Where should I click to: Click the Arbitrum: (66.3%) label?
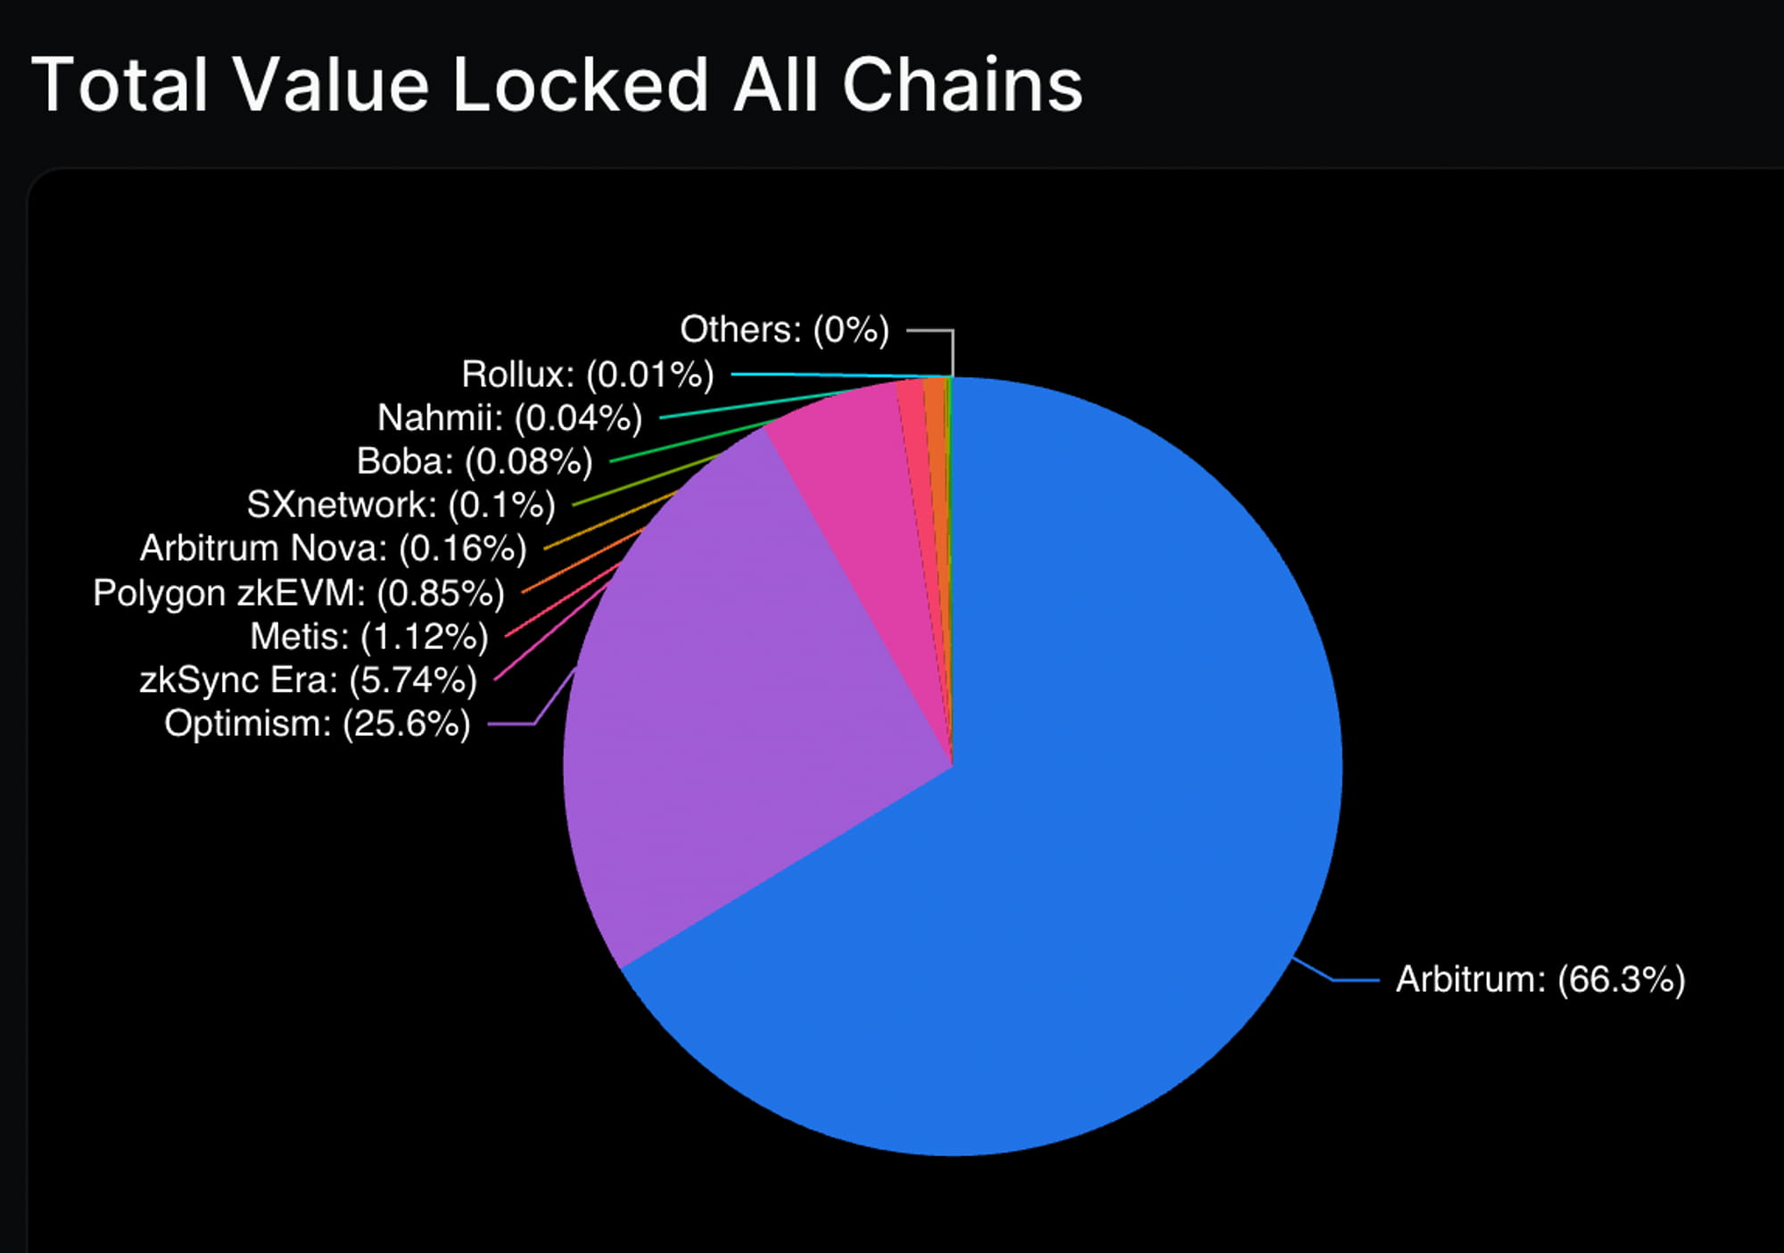[x=1540, y=979]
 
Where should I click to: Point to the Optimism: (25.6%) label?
[x=318, y=723]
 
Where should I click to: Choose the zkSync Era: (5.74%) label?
[x=309, y=680]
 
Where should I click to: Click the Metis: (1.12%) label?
[x=369, y=637]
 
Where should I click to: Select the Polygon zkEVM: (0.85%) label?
[x=299, y=593]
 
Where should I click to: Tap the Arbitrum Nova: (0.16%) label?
[x=334, y=548]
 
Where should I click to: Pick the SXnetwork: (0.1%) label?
[x=401, y=505]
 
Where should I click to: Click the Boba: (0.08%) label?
[x=475, y=461]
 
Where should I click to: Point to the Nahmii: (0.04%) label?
[x=509, y=417]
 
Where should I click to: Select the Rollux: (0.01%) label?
[x=588, y=375]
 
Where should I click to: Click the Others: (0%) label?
[x=785, y=330]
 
